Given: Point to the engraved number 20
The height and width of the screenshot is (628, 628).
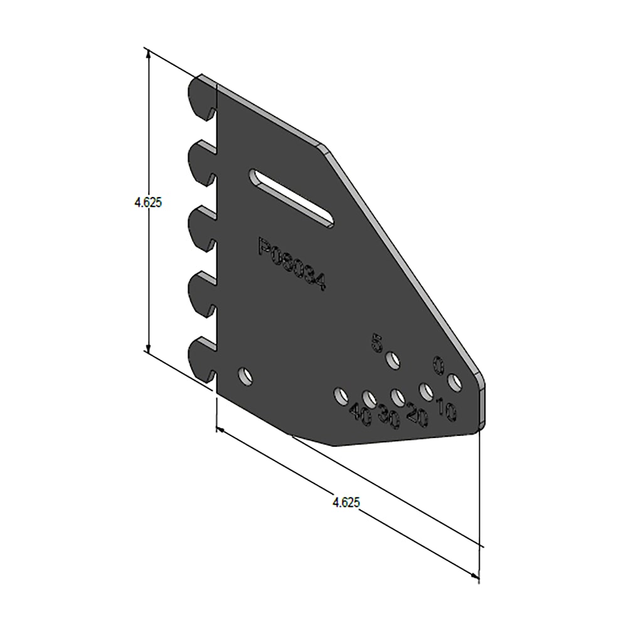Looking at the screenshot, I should pyautogui.click(x=417, y=413).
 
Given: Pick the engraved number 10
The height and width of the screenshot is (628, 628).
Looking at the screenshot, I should pyautogui.click(x=446, y=409).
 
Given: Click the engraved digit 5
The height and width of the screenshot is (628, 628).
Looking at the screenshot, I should pyautogui.click(x=377, y=343).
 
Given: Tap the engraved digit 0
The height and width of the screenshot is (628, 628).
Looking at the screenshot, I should pyautogui.click(x=438, y=364).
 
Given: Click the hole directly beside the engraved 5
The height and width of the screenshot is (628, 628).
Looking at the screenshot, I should pyautogui.click(x=393, y=361).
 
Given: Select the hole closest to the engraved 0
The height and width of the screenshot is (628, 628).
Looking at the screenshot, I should pyautogui.click(x=454, y=381).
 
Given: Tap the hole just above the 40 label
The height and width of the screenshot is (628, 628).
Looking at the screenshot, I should pyautogui.click(x=341, y=395).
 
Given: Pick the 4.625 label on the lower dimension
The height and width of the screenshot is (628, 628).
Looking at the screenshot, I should pyautogui.click(x=346, y=502).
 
